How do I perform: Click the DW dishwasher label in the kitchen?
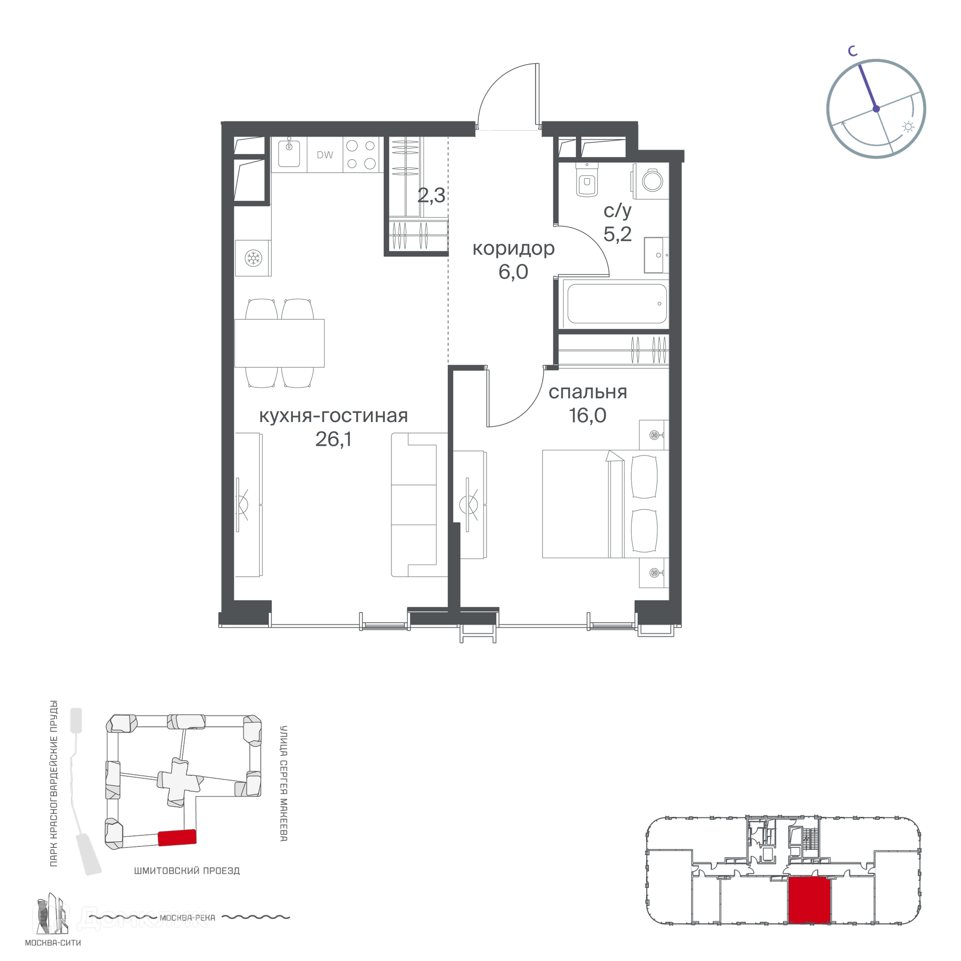pyautogui.click(x=325, y=155)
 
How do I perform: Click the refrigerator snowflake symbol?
pyautogui.click(x=253, y=258)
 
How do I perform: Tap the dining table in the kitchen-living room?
pyautogui.click(x=279, y=343)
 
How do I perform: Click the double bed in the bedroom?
pyautogui.click(x=606, y=504)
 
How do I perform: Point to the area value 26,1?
pyautogui.click(x=333, y=439)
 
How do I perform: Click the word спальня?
pyautogui.click(x=588, y=392)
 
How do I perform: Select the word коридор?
pyautogui.click(x=514, y=248)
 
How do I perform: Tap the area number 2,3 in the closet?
pyautogui.click(x=431, y=195)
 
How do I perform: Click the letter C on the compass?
pyautogui.click(x=852, y=51)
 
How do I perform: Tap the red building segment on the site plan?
pyautogui.click(x=177, y=837)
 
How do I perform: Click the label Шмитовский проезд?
pyautogui.click(x=187, y=871)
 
